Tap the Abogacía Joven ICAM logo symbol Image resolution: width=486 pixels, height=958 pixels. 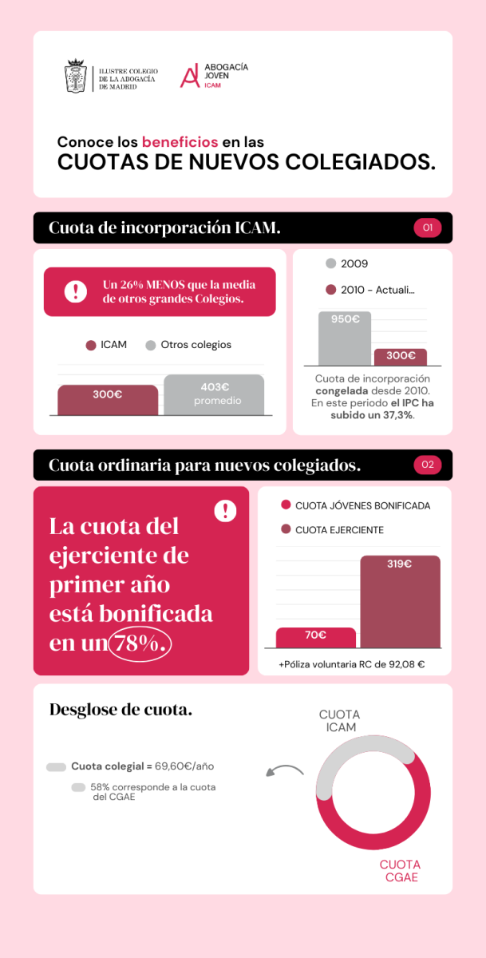(x=189, y=76)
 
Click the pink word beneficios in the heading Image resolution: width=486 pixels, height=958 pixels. (x=180, y=142)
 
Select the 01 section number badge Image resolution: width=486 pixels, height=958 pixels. (x=427, y=228)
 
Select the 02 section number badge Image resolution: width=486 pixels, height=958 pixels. (x=427, y=465)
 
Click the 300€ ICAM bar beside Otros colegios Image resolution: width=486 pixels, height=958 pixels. (x=108, y=399)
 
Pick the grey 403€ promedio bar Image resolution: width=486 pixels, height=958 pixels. (x=214, y=394)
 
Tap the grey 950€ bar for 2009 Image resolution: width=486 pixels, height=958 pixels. (x=345, y=338)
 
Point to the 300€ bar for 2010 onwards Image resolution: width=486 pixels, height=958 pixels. (x=401, y=356)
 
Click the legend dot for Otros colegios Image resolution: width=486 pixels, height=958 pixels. (x=150, y=346)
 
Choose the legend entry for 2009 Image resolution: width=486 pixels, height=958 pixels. (x=347, y=263)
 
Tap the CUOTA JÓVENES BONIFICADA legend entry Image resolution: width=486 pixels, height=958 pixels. (x=356, y=505)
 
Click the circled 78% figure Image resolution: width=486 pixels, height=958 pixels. (x=140, y=643)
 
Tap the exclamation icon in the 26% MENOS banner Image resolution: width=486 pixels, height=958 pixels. (x=76, y=291)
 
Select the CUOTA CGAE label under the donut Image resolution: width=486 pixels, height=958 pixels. (x=399, y=871)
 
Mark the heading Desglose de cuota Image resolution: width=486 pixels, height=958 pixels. (x=121, y=710)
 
